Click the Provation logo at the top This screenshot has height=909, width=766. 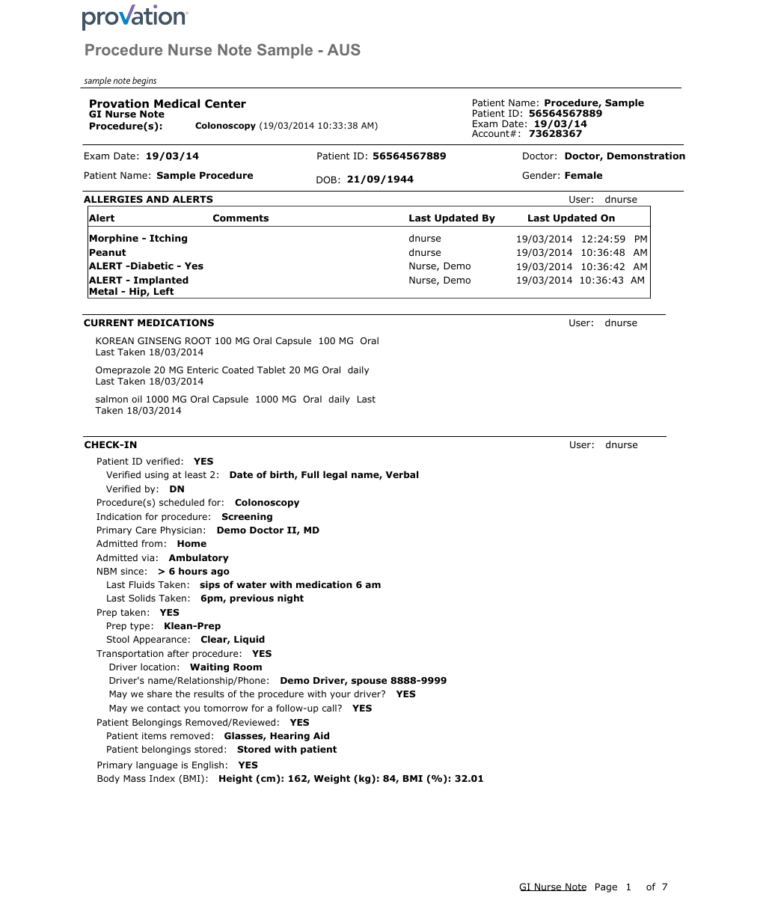pyautogui.click(x=135, y=18)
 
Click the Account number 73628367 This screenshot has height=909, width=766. pyautogui.click(x=555, y=134)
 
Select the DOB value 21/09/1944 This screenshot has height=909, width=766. pyautogui.click(x=380, y=180)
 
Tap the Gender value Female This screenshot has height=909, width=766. pyautogui.click(x=583, y=176)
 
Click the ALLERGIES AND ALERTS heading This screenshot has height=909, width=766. pyautogui.click(x=148, y=200)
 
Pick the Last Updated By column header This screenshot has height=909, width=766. pyautogui.click(x=451, y=218)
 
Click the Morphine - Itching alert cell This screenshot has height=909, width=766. pyautogui.click(x=138, y=239)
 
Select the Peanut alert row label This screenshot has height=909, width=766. pyautogui.click(x=108, y=253)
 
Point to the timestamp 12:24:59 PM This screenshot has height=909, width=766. pyautogui.click(x=614, y=239)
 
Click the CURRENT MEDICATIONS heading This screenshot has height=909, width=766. pyautogui.click(x=149, y=323)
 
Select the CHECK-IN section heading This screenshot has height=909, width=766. pyautogui.click(x=111, y=445)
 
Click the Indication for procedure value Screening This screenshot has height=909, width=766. pyautogui.click(x=247, y=517)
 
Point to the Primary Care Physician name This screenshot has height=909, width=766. pyautogui.click(x=268, y=530)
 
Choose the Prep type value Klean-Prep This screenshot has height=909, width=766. pyautogui.click(x=192, y=626)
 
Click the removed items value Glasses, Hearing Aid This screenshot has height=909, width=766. pyautogui.click(x=277, y=736)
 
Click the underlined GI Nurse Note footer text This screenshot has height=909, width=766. pyautogui.click(x=553, y=887)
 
